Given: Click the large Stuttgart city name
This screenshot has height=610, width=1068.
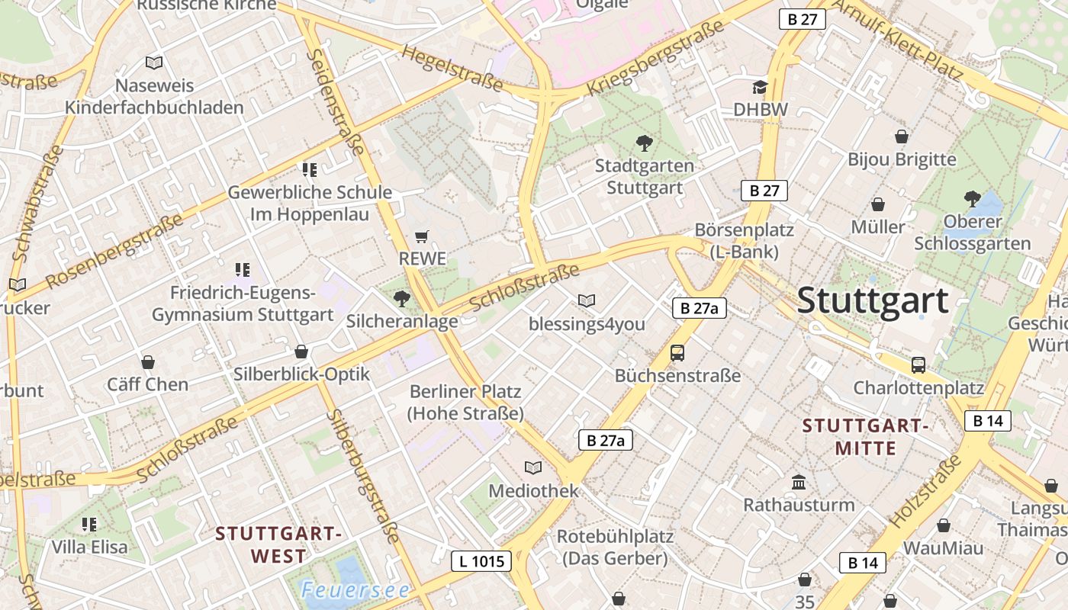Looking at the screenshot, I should pos(873,300).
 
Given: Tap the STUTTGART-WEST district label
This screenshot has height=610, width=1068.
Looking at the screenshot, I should pos(278,544).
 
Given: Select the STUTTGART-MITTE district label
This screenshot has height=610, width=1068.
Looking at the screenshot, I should pos(865,436).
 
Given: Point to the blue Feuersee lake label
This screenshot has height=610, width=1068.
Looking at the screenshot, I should pos(355,589).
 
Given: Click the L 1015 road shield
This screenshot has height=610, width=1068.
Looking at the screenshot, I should pos(481,562).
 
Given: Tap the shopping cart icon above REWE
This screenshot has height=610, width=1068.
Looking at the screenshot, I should pos(422,237).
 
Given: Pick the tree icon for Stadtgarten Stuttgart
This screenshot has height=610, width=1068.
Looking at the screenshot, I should pos(644,143).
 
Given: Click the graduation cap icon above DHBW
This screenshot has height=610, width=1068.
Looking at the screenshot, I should pos(760,88).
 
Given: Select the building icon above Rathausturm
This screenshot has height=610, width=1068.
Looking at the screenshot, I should pos(799,482).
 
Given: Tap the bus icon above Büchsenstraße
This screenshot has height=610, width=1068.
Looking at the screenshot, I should pos(677,353).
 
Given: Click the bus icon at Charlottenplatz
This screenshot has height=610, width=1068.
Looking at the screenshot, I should pos(918,365).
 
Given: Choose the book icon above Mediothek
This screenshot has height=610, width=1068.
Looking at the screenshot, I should pos(533,467).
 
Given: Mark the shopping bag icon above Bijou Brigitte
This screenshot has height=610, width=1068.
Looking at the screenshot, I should pos(901,137).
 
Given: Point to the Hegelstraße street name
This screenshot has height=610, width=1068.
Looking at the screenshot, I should pos(452,68).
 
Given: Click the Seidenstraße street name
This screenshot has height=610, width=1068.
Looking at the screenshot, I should pos(335,102).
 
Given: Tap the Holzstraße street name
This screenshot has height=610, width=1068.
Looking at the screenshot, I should pos(925,493).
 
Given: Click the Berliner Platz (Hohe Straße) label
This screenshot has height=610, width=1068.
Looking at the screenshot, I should pos(465,403).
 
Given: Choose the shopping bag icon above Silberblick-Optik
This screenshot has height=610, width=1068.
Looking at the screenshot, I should pos(301,352).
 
